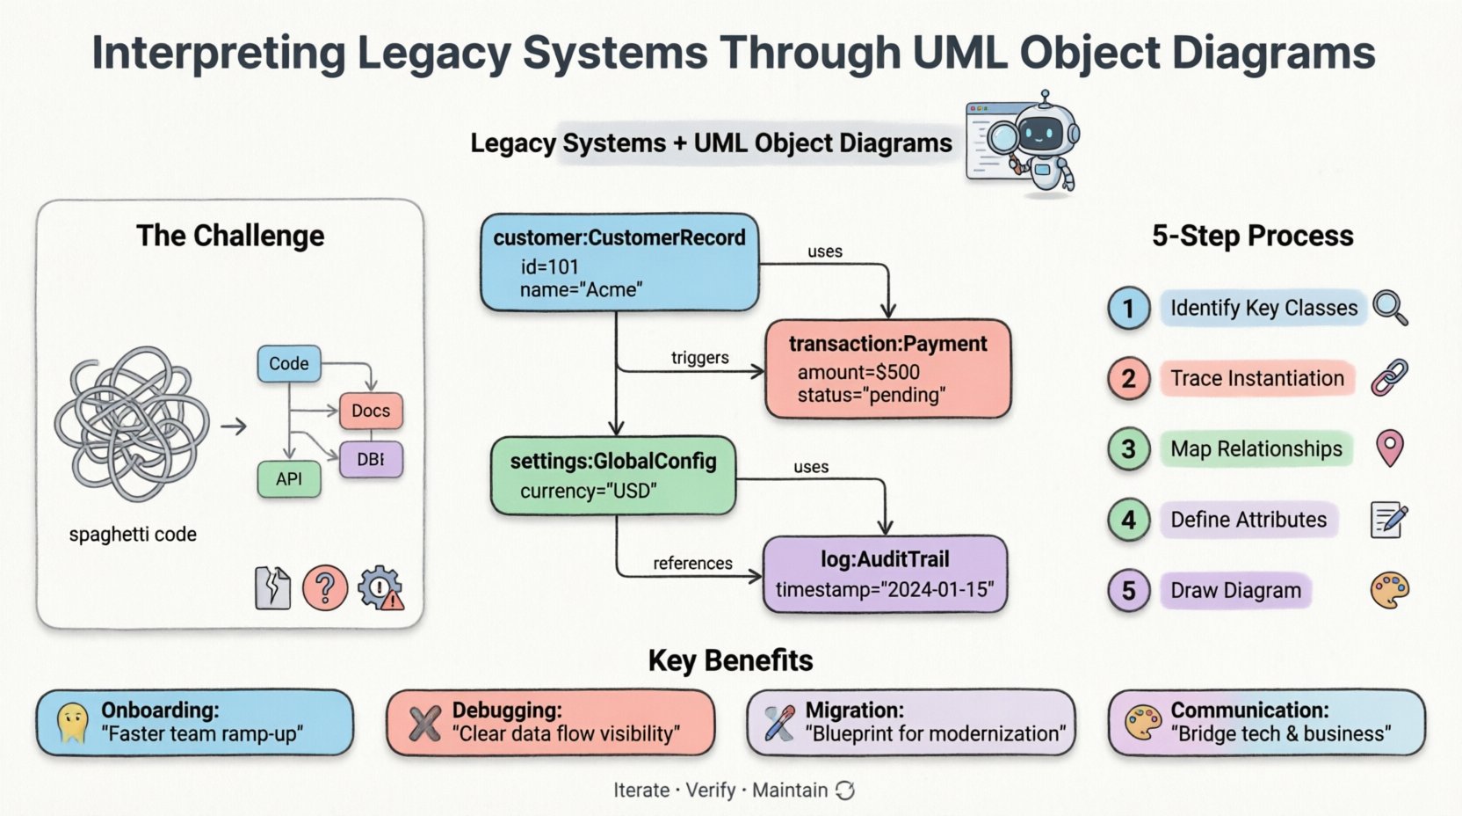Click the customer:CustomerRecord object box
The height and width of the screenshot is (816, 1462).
[619, 262]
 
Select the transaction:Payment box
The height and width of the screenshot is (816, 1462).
[887, 368]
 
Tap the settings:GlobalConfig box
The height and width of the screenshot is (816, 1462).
[612, 475]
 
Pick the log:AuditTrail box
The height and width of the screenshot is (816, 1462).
[884, 573]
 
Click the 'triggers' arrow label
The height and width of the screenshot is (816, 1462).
[699, 357]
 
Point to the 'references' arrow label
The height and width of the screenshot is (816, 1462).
[692, 563]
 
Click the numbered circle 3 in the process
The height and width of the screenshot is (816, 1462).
[1129, 449]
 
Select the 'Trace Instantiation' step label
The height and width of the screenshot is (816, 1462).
[1256, 378]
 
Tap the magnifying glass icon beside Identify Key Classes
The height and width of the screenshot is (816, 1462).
[1390, 308]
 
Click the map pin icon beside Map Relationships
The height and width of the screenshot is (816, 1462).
[1389, 448]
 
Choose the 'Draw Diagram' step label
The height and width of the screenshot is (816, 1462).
[1235, 590]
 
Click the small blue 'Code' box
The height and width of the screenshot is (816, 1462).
[288, 363]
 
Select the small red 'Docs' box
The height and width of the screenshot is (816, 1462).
[370, 411]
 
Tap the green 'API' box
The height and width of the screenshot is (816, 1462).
[288, 479]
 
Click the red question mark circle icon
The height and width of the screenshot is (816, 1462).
[324, 587]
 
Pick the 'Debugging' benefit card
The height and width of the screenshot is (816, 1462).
[550, 722]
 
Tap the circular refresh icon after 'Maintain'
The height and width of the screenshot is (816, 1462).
[845, 790]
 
